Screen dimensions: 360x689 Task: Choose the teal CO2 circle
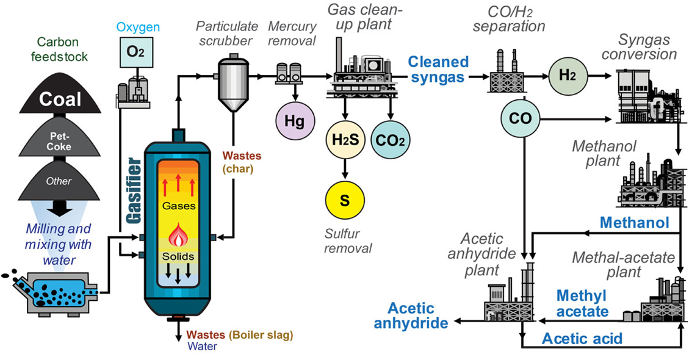coord(391,141)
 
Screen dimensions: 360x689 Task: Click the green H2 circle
coord(566,76)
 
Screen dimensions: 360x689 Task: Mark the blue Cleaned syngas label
coord(438,69)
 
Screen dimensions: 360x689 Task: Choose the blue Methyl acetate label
coord(582,304)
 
